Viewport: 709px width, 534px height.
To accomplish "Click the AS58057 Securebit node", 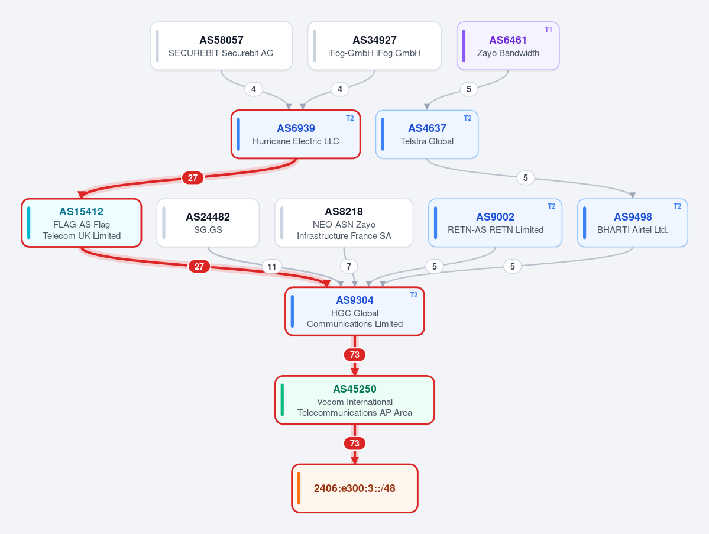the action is pyautogui.click(x=221, y=46).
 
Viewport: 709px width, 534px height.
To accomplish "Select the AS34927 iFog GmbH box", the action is pyautogui.click(x=374, y=46).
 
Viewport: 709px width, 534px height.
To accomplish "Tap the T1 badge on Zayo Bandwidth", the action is pyautogui.click(x=548, y=30).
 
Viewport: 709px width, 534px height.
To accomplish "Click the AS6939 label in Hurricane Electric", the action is pyautogui.click(x=296, y=128).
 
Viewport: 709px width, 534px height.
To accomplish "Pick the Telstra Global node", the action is pyautogui.click(x=427, y=134).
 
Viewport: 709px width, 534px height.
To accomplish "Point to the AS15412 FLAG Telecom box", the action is pyautogui.click(x=82, y=223).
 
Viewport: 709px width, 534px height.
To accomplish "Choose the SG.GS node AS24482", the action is pyautogui.click(x=208, y=223).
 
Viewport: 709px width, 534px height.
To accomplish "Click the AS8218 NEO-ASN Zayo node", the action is pyautogui.click(x=344, y=223).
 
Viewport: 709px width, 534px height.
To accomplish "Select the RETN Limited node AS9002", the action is pyautogui.click(x=495, y=223).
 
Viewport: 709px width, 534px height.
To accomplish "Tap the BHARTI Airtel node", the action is pyautogui.click(x=633, y=223).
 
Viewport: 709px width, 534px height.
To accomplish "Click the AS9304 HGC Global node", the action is pyautogui.click(x=355, y=312).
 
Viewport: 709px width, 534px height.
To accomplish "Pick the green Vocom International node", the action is pyautogui.click(x=355, y=400).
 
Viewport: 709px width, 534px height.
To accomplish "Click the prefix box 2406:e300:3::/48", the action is pyautogui.click(x=355, y=488).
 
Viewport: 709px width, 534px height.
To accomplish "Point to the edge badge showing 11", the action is pyautogui.click(x=272, y=267).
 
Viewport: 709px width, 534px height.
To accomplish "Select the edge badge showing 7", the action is pyautogui.click(x=349, y=267).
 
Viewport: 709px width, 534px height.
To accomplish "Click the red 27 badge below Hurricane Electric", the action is pyautogui.click(x=193, y=177).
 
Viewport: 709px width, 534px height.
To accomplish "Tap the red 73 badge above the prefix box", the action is pyautogui.click(x=355, y=444).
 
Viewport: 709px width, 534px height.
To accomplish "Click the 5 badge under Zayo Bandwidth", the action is pyautogui.click(x=469, y=89).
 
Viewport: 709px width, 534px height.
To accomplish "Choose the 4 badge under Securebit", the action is pyautogui.click(x=254, y=89).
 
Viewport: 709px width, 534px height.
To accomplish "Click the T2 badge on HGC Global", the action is pyautogui.click(x=414, y=295).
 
